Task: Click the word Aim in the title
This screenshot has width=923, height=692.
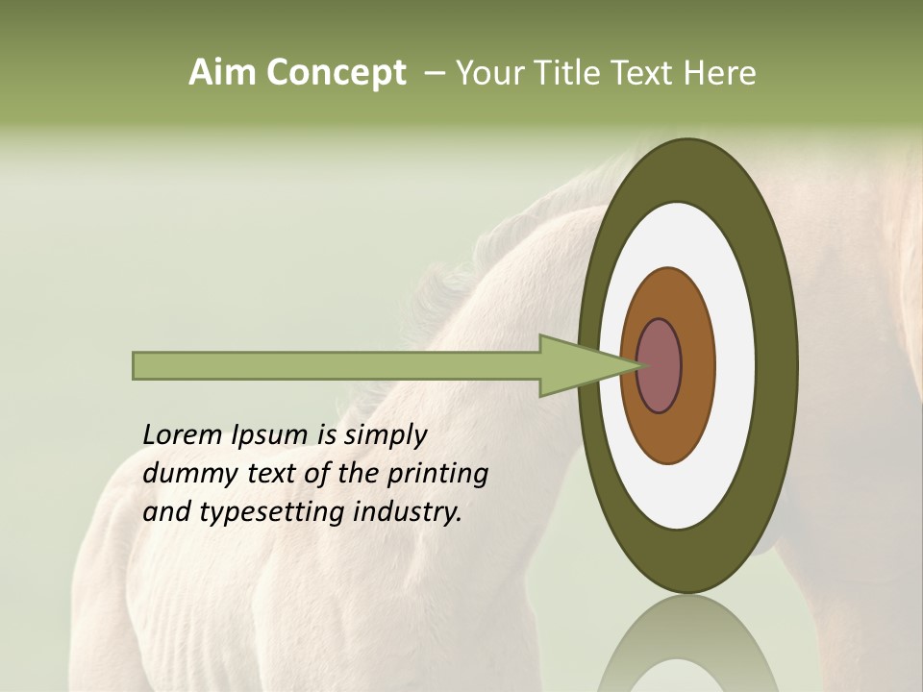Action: pyautogui.click(x=223, y=73)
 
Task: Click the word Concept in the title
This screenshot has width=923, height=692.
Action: pyautogui.click(x=337, y=73)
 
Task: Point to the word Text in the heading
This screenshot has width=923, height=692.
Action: pyautogui.click(x=647, y=73)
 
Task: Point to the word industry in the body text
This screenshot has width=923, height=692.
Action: pyautogui.click(x=408, y=512)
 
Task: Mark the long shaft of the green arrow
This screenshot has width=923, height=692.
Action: pyautogui.click(x=337, y=365)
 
